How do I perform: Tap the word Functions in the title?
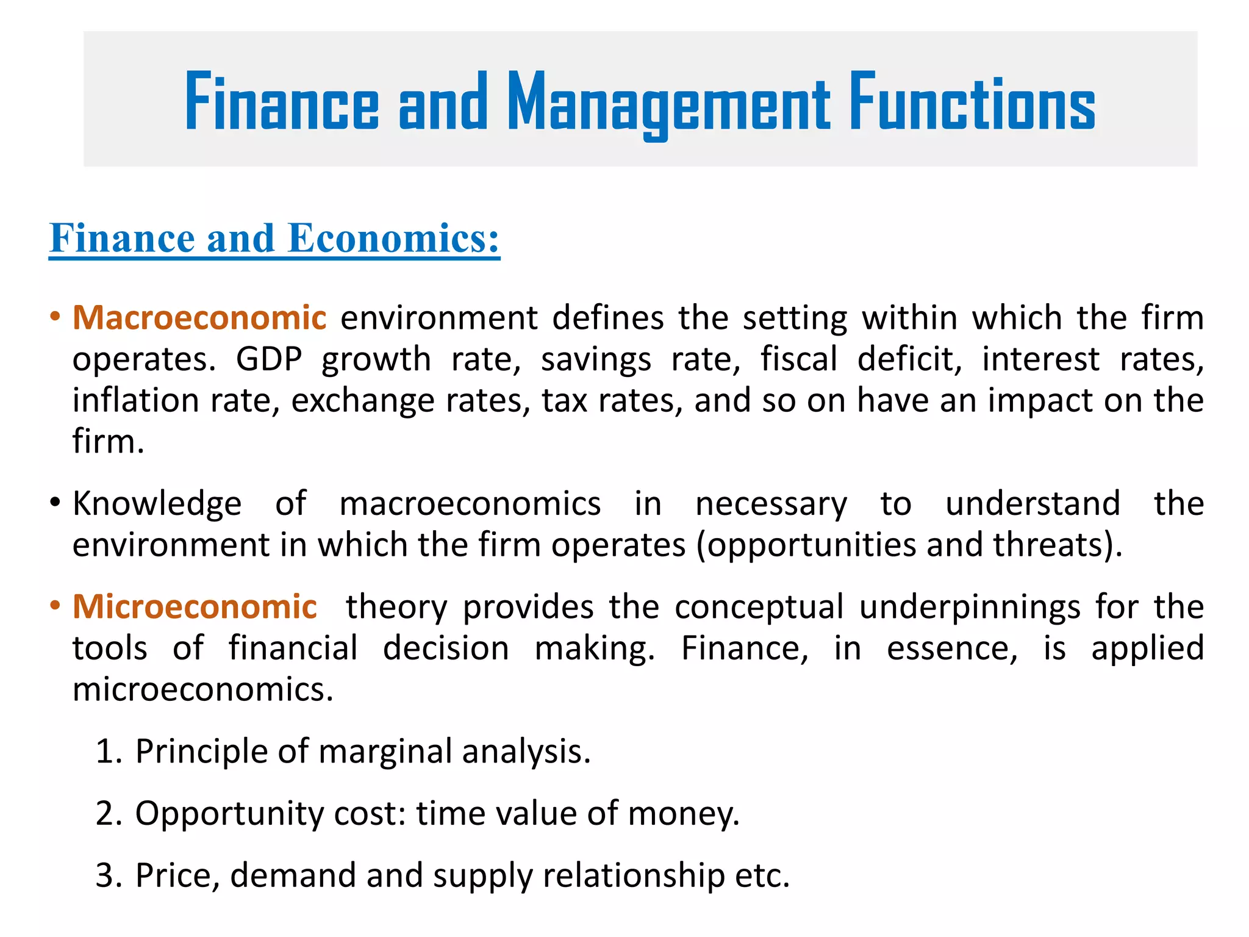[973, 102]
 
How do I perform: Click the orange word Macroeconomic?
[199, 318]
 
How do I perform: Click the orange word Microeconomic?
[195, 607]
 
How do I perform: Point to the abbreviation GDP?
[269, 359]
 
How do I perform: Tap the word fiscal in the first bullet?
[798, 359]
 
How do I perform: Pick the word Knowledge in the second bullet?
[157, 504]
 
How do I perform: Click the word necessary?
[771, 504]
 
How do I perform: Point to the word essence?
[951, 648]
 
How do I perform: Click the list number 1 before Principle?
[106, 751]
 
